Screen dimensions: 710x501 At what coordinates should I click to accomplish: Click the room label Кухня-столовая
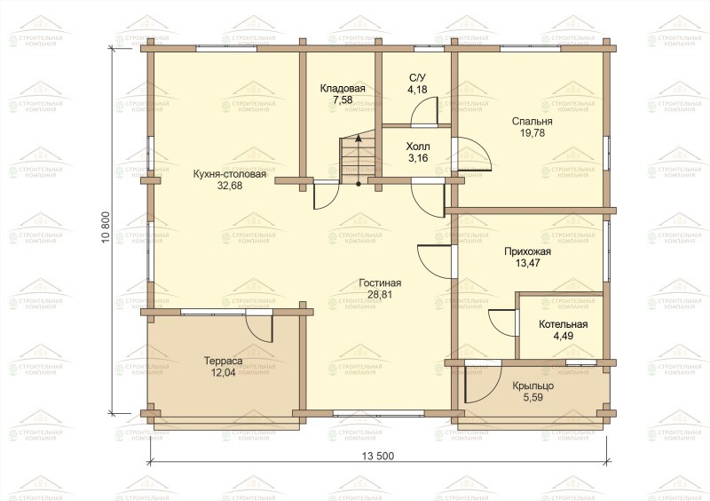(x=230, y=174)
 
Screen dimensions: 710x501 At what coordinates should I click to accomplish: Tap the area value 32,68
(x=230, y=186)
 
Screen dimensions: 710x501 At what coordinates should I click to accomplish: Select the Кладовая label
(x=343, y=89)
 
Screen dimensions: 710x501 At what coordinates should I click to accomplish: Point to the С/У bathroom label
(x=417, y=78)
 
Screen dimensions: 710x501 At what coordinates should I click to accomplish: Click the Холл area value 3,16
(x=417, y=158)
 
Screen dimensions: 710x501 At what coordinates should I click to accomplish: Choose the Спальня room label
(x=532, y=122)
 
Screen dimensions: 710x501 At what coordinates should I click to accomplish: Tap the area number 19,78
(x=532, y=133)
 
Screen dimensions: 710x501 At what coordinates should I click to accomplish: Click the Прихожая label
(x=527, y=252)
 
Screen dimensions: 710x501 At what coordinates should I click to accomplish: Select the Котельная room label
(x=563, y=324)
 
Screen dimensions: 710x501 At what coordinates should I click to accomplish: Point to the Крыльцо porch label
(x=533, y=386)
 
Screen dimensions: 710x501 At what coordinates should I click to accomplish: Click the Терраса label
(x=223, y=362)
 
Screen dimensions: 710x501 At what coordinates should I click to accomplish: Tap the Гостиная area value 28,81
(x=380, y=294)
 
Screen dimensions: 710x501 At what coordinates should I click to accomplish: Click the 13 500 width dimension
(x=378, y=456)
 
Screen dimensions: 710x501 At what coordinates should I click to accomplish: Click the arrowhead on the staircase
(x=359, y=139)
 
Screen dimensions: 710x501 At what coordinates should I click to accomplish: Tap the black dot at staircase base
(x=359, y=184)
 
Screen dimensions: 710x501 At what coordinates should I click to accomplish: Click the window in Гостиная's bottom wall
(x=379, y=413)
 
